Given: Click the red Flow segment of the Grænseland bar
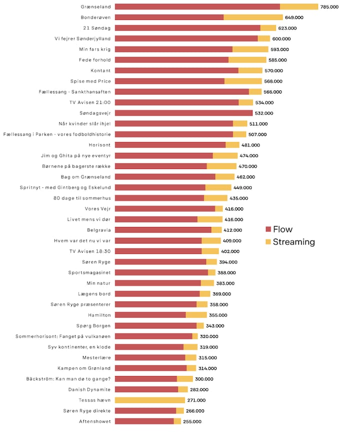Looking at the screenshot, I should [197, 6].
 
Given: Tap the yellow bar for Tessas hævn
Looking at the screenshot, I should [149, 400].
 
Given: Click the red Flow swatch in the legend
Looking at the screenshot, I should [268, 229].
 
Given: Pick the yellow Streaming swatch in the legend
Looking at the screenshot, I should [268, 242].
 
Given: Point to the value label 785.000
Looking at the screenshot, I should [330, 6].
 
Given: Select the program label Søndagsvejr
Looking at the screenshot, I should [95, 113].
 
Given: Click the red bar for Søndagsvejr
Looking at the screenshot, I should [183, 113].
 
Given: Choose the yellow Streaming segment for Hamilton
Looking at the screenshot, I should [196, 315].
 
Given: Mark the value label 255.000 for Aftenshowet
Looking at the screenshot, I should [192, 421].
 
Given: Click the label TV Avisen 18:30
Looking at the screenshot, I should [90, 251].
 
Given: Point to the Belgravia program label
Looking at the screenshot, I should [98, 230].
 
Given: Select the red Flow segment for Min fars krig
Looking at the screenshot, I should [173, 49].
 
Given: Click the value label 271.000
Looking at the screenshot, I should [196, 400].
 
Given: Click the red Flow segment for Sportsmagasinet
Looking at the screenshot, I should [161, 272].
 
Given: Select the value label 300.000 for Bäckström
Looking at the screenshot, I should [204, 379].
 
